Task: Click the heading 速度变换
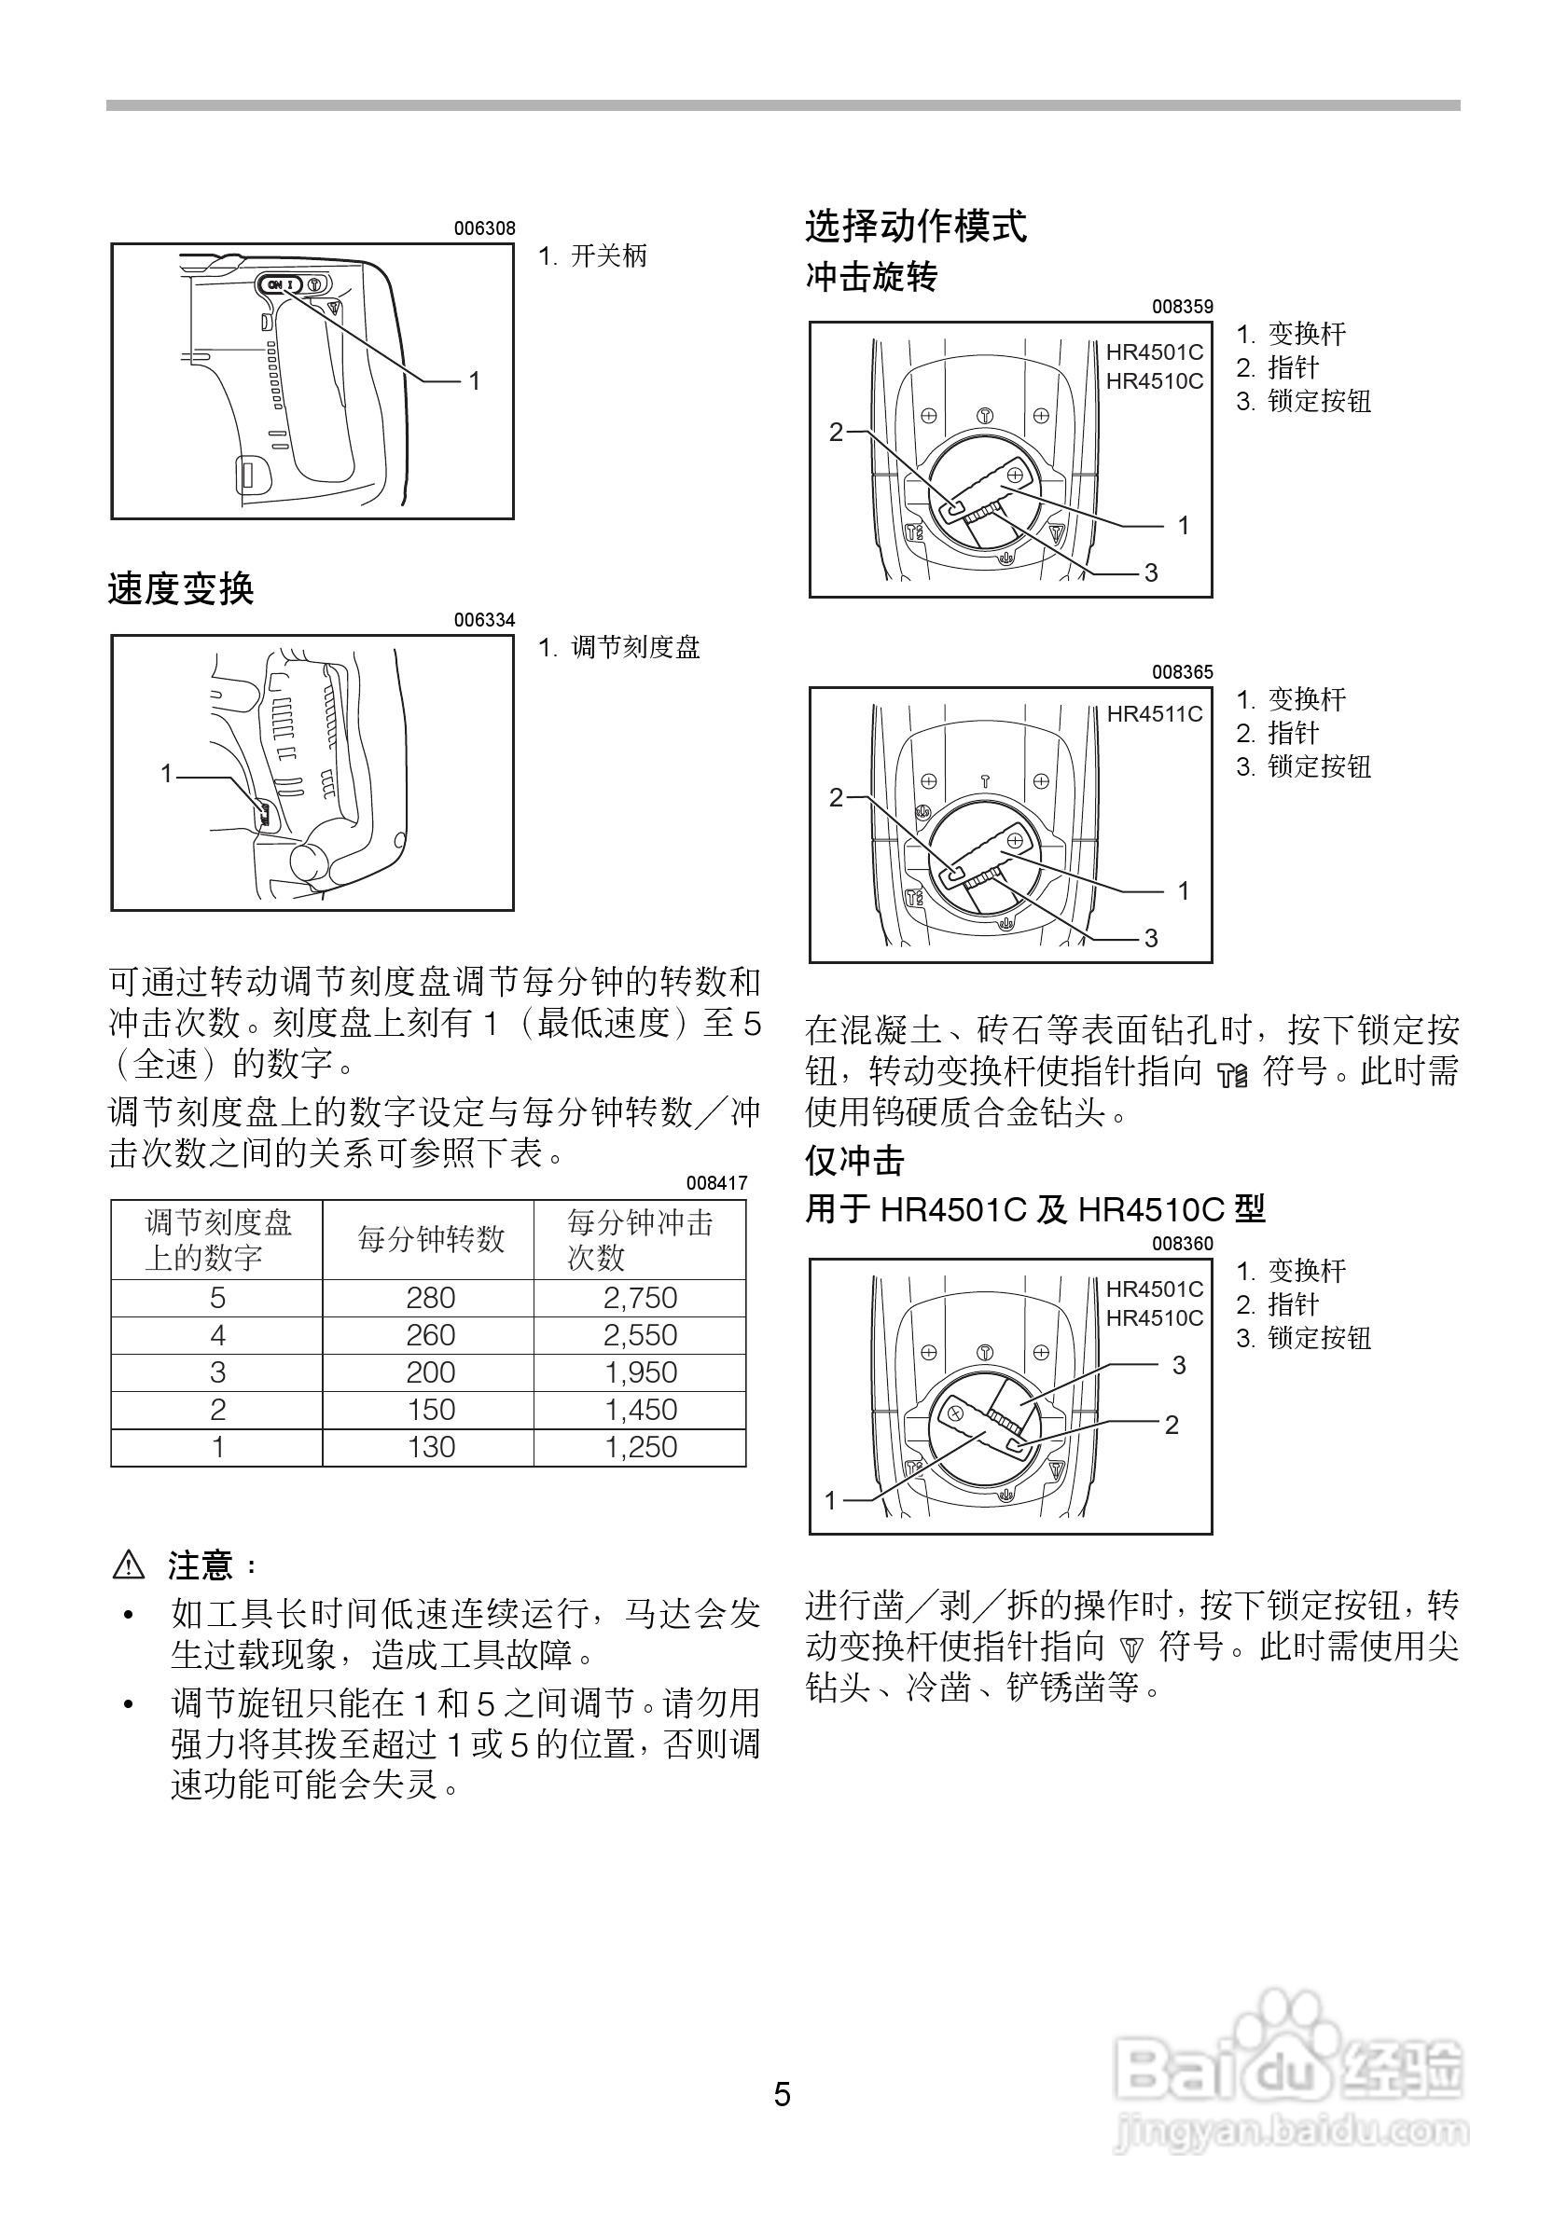tap(181, 588)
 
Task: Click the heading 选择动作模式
tap(915, 227)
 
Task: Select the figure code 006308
tap(484, 229)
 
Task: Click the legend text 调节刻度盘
tap(635, 648)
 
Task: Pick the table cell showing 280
tap(430, 1298)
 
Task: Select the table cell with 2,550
tap(640, 1336)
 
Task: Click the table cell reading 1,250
tap(640, 1447)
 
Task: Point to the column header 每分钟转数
tap(430, 1240)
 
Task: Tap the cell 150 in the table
tap(430, 1410)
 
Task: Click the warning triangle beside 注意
tap(129, 1564)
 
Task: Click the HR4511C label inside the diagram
tap(1154, 714)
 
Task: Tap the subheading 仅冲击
tap(854, 1161)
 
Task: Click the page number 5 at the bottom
tap(782, 2095)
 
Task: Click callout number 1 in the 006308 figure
tap(475, 381)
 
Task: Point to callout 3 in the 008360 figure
tap(1178, 1366)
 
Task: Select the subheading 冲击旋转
tap(871, 278)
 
